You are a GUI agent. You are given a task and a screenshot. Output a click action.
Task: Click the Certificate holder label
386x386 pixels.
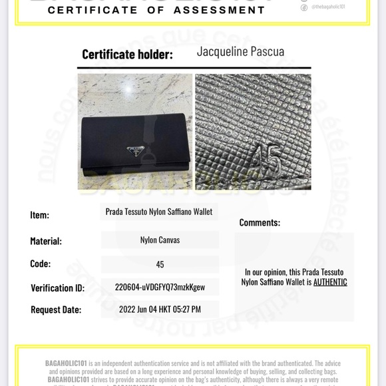pos(127,55)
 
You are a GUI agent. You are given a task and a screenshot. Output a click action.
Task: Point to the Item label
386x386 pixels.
pos(39,215)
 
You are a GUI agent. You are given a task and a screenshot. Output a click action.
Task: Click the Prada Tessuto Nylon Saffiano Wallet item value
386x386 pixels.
pos(159,212)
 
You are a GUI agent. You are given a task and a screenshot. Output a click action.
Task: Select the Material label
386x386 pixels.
pos(46,241)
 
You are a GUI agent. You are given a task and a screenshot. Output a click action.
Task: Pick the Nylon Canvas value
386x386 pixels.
pos(160,240)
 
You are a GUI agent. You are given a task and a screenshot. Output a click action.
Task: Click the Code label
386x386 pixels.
pos(40,264)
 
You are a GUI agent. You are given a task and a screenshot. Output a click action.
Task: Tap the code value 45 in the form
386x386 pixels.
pos(160,264)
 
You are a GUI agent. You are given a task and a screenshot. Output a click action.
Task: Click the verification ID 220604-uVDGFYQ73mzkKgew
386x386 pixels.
pos(160,288)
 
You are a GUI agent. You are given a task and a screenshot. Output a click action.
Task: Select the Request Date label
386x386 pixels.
pos(56,309)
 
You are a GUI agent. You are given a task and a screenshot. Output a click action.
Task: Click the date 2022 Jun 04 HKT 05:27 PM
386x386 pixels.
pos(160,309)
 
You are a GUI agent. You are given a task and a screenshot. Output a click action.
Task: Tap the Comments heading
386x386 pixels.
pos(260,223)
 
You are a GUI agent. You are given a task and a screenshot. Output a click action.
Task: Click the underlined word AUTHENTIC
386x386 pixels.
pos(330,282)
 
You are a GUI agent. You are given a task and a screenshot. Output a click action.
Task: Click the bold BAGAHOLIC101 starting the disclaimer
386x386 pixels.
pos(66,363)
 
